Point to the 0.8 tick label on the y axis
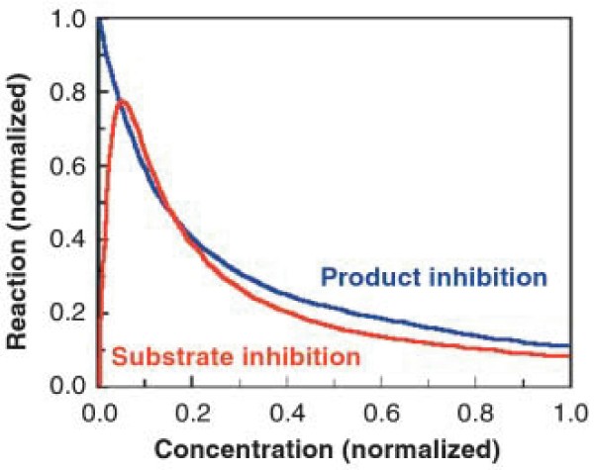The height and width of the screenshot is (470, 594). (x=65, y=93)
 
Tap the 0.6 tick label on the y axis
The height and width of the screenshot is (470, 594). (x=65, y=166)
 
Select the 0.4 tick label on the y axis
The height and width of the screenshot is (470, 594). (x=65, y=239)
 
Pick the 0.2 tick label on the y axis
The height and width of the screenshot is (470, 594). (x=65, y=313)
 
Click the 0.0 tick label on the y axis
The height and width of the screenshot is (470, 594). (x=65, y=385)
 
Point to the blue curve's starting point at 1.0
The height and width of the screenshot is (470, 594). (x=98, y=21)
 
